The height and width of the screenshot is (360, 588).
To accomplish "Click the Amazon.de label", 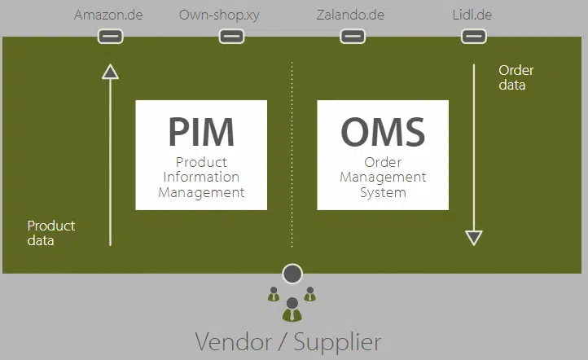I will tap(108, 15).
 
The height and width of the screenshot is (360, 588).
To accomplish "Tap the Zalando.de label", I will tap(350, 15).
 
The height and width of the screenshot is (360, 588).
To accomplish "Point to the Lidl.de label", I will tap(472, 15).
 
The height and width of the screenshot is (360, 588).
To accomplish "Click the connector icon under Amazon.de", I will tap(110, 36).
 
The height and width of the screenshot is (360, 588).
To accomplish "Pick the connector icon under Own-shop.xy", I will tap(231, 36).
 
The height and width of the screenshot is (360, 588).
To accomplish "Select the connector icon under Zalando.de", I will tap(353, 36).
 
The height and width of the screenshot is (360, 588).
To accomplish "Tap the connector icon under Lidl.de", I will tap(473, 36).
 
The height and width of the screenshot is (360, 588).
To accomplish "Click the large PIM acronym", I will tap(201, 131).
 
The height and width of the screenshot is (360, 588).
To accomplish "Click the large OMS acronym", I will tap(383, 131).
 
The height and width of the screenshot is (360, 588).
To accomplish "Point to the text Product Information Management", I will tap(201, 177).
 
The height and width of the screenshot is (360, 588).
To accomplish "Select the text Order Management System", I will tap(383, 177).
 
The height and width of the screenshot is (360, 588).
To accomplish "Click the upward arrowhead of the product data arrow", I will tap(111, 72).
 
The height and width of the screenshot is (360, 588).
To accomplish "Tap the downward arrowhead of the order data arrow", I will tap(474, 238).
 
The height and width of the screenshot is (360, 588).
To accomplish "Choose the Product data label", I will tap(50, 233).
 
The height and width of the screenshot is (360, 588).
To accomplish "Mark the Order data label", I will tap(516, 77).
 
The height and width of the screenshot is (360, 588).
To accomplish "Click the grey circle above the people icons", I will tap(292, 274).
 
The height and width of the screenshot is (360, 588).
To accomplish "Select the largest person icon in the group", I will tap(292, 310).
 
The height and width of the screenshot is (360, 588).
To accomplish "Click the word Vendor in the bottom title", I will tap(235, 340).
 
